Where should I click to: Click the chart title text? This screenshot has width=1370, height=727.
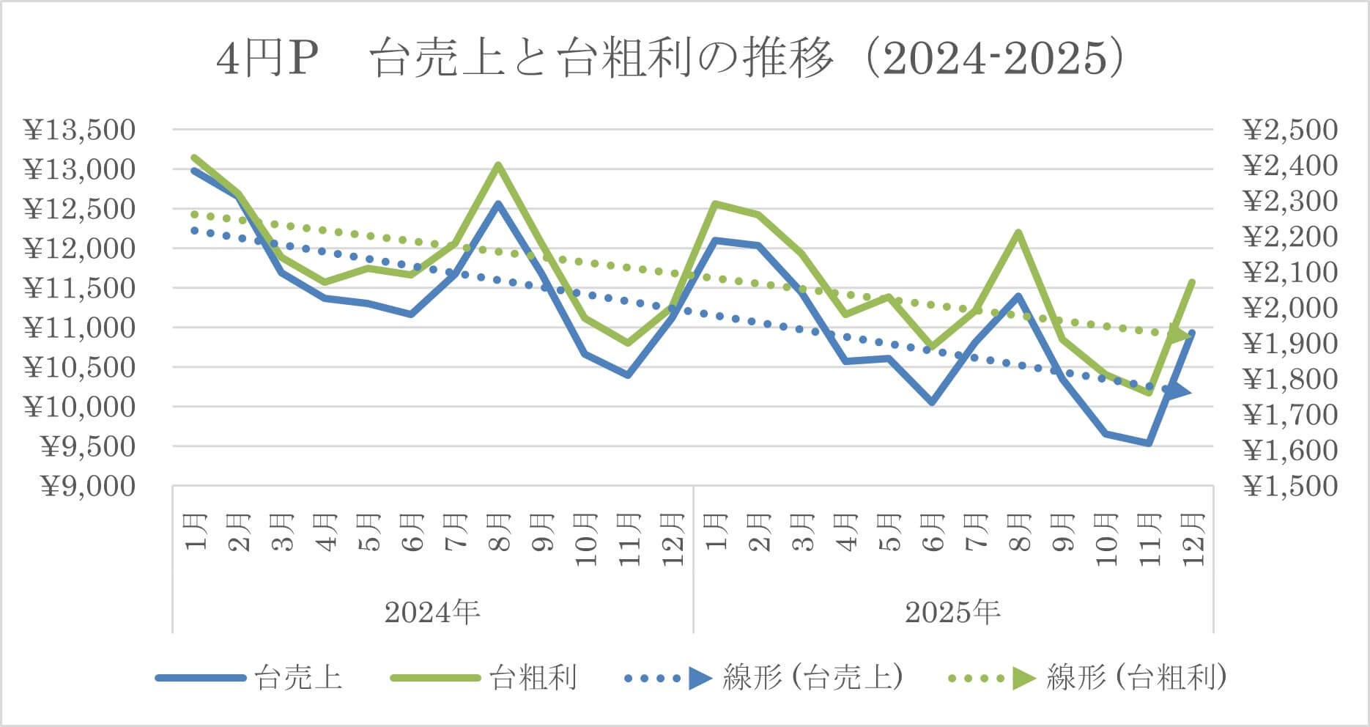670,59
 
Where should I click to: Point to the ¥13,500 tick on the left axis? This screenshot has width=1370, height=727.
80,130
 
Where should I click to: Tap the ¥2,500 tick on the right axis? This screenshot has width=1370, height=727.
1289,130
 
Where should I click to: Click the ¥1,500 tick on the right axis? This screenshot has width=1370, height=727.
1289,485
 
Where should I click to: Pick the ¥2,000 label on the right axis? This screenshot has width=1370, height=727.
1289,308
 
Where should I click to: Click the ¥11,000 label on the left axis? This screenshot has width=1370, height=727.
80,328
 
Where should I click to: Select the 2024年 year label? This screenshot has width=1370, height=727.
432,612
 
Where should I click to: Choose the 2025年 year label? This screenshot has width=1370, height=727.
952,612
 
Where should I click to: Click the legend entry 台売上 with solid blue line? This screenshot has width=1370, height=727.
249,678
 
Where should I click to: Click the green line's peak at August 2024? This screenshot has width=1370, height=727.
497,165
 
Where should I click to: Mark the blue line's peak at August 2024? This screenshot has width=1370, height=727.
497,204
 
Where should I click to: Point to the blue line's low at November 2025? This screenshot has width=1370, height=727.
1149,443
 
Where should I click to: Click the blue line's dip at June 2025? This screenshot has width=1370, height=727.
932,402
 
